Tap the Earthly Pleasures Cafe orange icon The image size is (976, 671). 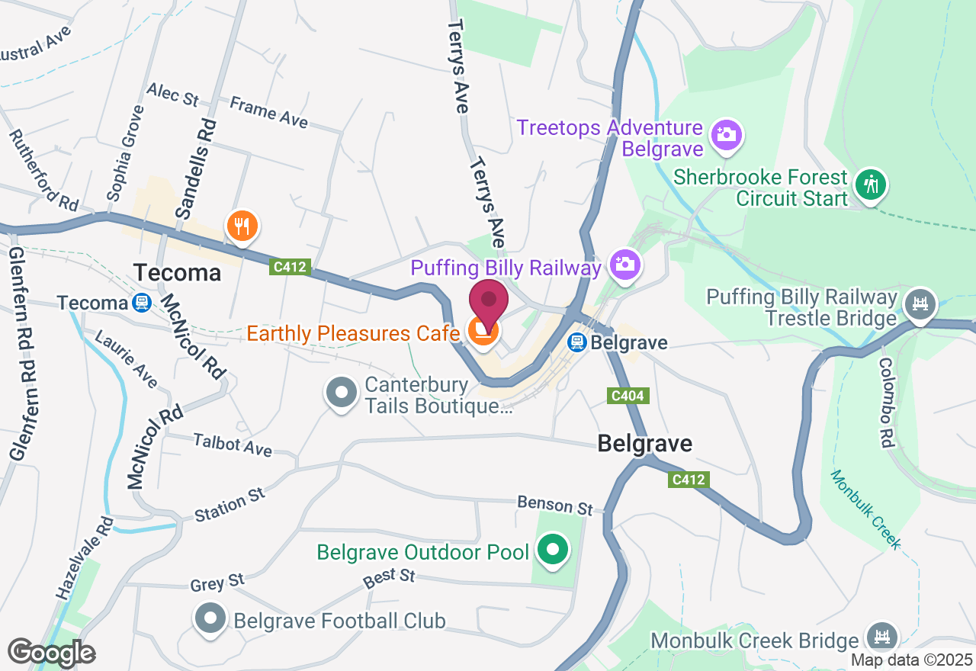pos(483,332)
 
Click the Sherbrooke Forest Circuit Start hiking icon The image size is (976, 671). pos(870,185)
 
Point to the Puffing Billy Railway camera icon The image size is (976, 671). pos(624,265)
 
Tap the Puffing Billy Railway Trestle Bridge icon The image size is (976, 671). pos(920,304)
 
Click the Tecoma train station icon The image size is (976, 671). pos(140,303)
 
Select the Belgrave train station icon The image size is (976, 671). pos(578,342)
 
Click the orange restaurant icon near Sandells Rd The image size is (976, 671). pos(242,226)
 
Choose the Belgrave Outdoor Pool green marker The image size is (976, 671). pos(553,551)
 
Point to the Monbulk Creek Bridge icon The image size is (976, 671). pos(883,637)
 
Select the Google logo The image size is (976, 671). pos(51,653)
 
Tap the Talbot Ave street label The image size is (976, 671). pos(233,445)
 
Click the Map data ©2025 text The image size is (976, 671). pos(911,660)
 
